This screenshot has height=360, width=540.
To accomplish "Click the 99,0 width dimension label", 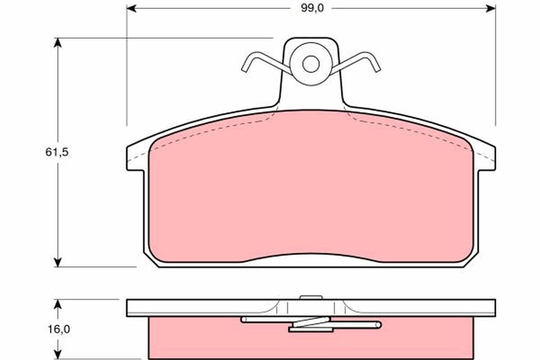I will tap(310, 8).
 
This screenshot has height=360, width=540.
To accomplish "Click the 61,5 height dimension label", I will tap(57, 152).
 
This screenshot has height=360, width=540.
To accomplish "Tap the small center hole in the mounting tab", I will tap(310, 64).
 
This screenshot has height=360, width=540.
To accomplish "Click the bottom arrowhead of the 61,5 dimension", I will tap(57, 262).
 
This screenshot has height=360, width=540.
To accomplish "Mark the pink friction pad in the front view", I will tap(310, 189).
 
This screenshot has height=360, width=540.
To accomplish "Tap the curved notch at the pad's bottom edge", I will tap(310, 256).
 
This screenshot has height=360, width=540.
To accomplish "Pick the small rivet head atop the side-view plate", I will tap(311, 297).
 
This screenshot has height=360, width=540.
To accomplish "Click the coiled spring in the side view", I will tap(310, 324).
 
